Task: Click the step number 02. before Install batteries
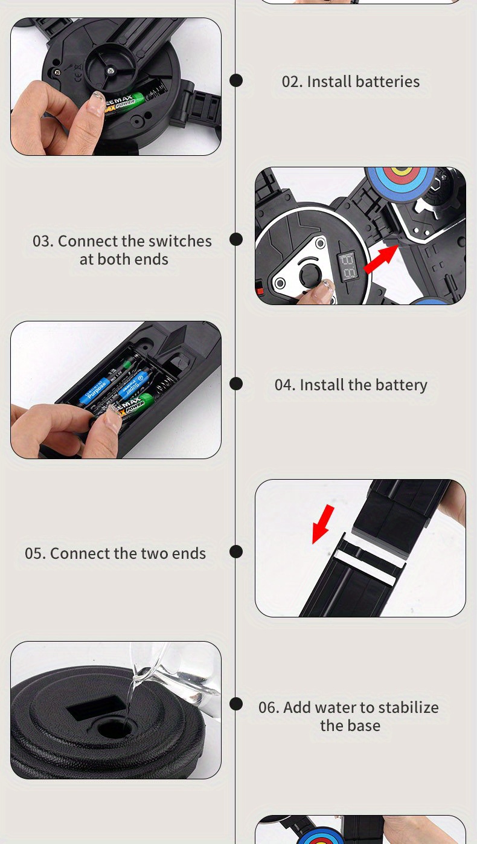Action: pos(292,82)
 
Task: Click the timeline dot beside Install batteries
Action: pos(236,80)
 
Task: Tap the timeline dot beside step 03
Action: pos(236,239)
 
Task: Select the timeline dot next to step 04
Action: pos(236,384)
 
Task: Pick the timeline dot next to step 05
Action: pos(236,552)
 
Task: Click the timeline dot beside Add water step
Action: pos(236,704)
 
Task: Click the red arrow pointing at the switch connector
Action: pos(381,259)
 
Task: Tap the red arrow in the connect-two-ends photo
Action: pos(322,524)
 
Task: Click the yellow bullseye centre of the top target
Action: pos(402,171)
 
